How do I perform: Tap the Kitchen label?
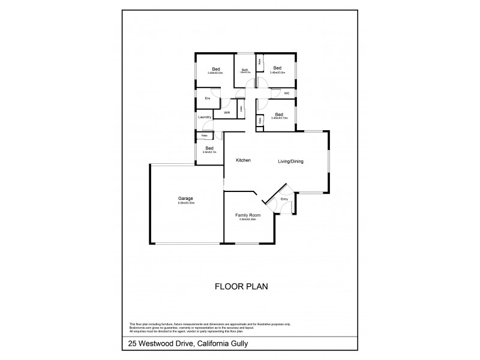242,160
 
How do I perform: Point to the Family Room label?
248,214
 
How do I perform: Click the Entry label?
284,199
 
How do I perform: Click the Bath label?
245,70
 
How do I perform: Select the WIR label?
227,112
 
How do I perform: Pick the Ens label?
208,98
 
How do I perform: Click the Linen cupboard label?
241,109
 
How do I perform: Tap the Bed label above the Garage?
209,148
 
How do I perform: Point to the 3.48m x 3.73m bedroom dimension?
280,118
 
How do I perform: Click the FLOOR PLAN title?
240,286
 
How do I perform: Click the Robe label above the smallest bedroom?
205,136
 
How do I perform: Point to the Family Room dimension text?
248,219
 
